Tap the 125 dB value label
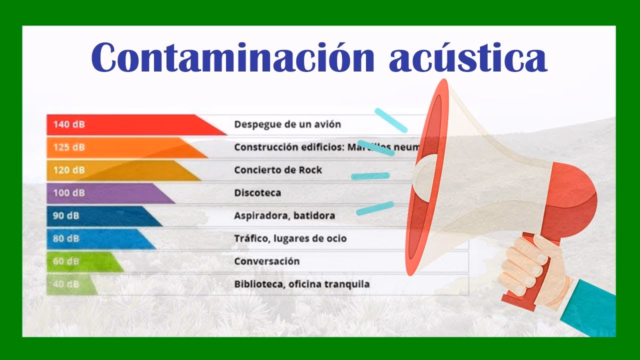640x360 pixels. click(69, 147)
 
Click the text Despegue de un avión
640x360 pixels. click(287, 124)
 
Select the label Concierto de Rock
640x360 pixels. click(278, 170)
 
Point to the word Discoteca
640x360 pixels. click(257, 193)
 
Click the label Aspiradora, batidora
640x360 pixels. click(284, 216)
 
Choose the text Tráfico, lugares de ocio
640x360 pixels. click(290, 238)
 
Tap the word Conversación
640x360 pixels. click(267, 261)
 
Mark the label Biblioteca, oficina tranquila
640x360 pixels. click(302, 284)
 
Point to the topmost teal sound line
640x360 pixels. click(391, 120)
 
